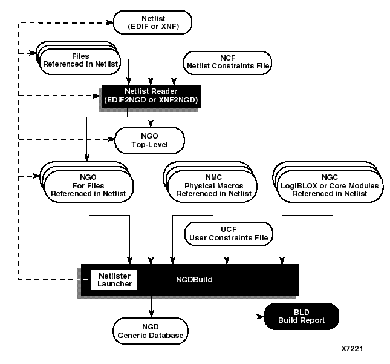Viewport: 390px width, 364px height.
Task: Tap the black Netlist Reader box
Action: [152, 95]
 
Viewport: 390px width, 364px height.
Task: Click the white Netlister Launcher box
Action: [114, 280]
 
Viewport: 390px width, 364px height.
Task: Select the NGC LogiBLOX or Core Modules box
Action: [326, 184]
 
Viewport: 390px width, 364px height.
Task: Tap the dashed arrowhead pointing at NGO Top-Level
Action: [111, 139]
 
